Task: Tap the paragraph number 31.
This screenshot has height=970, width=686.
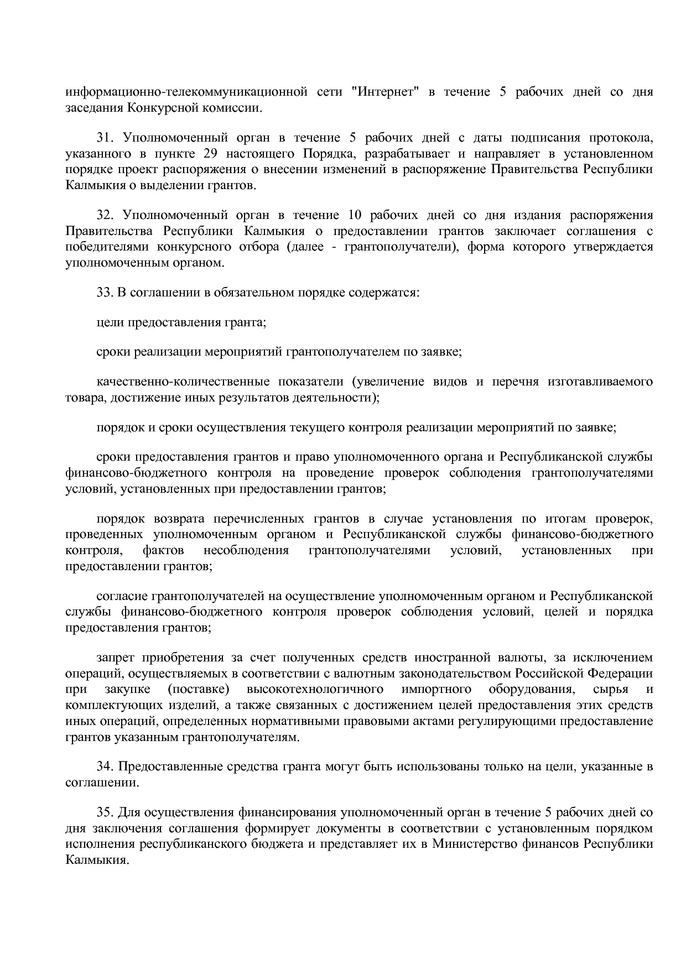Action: coord(105,137)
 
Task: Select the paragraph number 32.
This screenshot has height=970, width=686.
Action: coord(105,215)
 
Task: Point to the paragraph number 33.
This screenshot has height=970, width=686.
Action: coord(105,293)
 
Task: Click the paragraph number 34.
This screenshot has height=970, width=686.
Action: coord(105,767)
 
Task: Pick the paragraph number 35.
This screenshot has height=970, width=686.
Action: coord(105,812)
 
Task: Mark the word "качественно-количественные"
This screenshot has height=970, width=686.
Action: coord(183,382)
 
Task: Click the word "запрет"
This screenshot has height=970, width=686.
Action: coord(114,658)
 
